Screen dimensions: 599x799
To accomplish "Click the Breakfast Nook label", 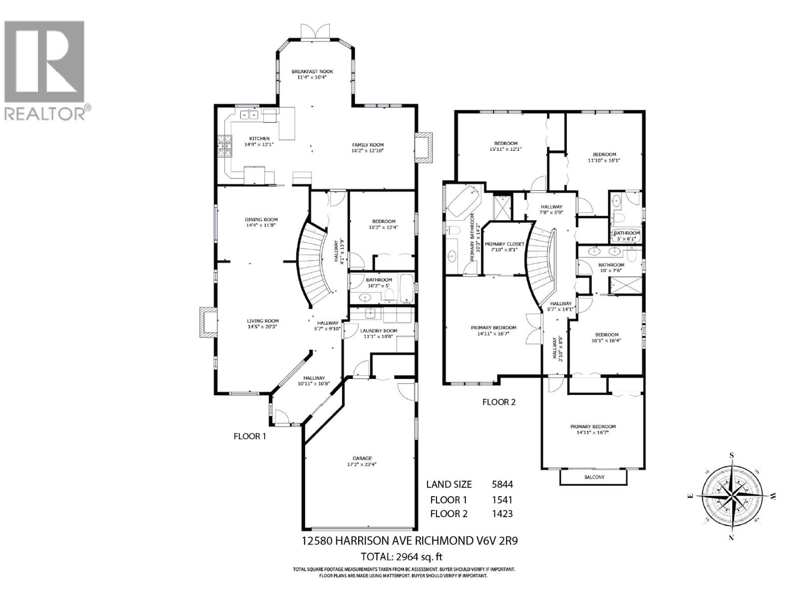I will point(312,71).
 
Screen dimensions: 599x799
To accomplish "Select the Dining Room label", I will point(261,220).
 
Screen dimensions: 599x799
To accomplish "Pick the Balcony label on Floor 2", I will point(594,477).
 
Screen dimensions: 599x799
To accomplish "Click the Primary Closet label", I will point(504,244).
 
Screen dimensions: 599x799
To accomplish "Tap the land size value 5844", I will point(502,484).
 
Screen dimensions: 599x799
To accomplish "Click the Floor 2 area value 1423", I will point(502,514).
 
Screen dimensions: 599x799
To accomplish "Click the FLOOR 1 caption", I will point(250,436).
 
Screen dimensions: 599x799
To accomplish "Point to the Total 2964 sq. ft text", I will point(402,557).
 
